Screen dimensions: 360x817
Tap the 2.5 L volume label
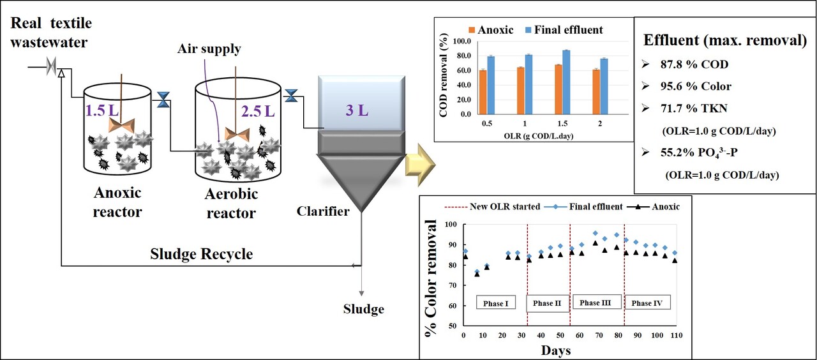258,112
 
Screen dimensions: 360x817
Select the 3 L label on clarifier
357,110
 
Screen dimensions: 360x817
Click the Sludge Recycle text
201,254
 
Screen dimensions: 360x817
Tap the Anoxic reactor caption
118,202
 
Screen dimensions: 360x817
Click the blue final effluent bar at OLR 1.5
566,82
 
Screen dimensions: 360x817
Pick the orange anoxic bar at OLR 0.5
483,92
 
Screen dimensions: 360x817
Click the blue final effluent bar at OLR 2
604,86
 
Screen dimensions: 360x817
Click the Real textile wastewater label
51,33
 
